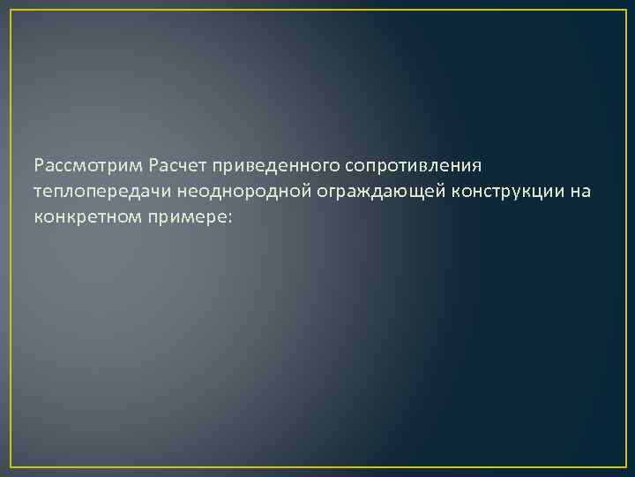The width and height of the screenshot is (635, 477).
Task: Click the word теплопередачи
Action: point(101,191)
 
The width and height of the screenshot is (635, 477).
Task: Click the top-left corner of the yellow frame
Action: point(11,11)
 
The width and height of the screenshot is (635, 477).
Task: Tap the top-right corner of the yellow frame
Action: point(624,11)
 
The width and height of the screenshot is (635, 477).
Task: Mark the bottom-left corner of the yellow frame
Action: point(11,466)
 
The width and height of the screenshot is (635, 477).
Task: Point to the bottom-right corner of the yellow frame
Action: point(624,466)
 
